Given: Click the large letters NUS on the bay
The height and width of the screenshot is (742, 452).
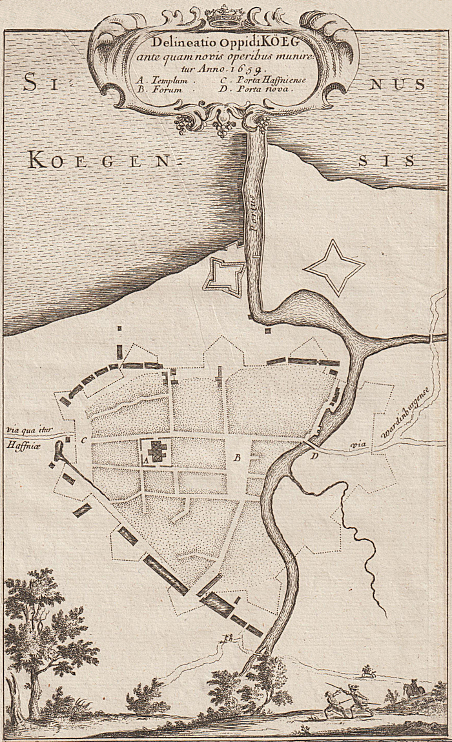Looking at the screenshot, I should [395, 84].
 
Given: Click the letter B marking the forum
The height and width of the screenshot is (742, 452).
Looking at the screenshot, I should [237, 458].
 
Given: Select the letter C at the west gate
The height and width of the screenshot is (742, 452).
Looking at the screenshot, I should [84, 441].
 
